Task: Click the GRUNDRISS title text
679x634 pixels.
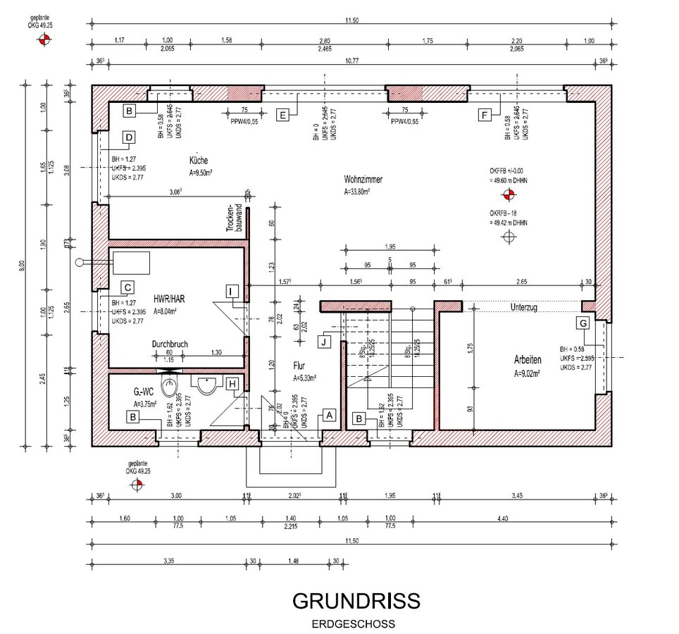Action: (356, 601)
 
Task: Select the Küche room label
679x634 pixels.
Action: (199, 160)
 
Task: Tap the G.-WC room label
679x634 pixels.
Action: (144, 392)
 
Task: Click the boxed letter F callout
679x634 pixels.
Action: (484, 116)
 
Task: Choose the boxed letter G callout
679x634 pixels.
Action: (582, 323)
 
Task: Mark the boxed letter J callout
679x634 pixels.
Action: (323, 342)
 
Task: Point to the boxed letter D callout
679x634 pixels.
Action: (129, 138)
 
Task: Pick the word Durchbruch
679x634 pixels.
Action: (171, 344)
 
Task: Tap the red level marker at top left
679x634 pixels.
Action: (44, 41)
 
